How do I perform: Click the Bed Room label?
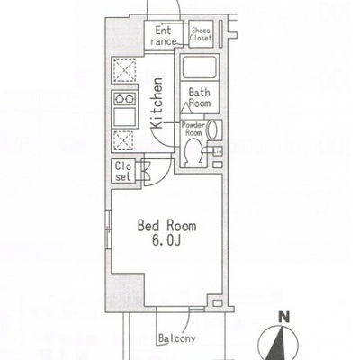166,226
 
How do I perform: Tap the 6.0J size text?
166,240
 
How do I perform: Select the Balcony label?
177,338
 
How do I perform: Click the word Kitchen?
157,103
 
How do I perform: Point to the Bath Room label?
200,98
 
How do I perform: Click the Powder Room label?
193,129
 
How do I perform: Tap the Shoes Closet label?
201,34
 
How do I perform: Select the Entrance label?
164,36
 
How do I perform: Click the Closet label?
123,171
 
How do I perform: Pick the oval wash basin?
212,130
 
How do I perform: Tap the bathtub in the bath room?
199,67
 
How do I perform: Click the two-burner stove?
124,99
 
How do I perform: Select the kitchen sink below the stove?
124,117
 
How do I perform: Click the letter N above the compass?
283,317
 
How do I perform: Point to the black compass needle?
277,344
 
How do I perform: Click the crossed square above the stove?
124,70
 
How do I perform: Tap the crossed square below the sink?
123,140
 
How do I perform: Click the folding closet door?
145,171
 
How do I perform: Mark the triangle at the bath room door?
186,108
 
